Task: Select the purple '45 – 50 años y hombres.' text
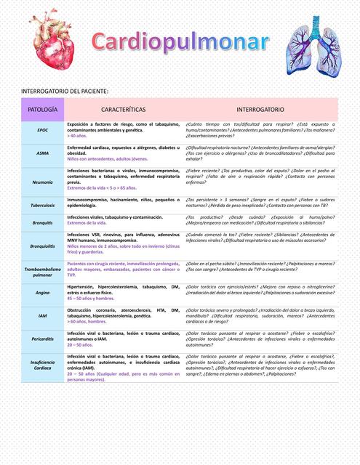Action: pyautogui.click(x=90, y=299)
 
